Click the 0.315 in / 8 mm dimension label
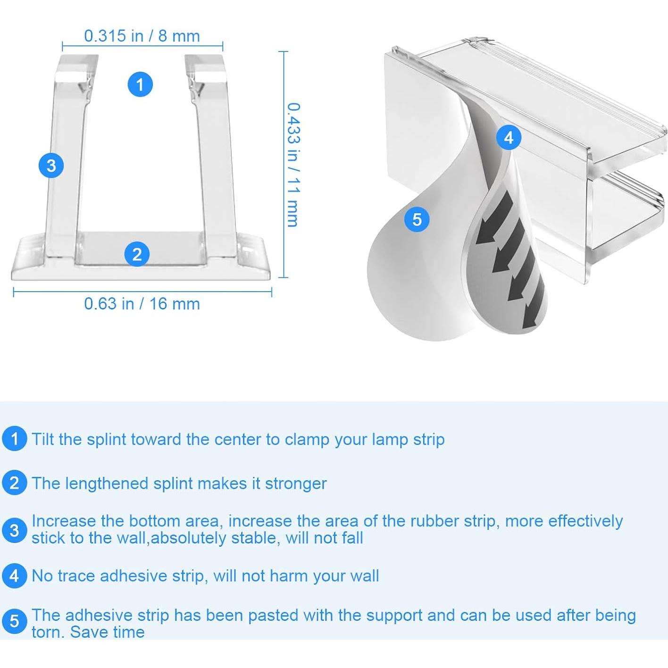(142, 36)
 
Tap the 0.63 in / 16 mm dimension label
(142, 304)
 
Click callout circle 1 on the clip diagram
(140, 84)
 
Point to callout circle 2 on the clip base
(137, 254)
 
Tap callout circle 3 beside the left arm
(51, 166)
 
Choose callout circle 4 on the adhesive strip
(509, 137)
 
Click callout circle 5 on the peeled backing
(417, 219)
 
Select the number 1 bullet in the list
(14, 439)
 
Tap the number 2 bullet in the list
(14, 483)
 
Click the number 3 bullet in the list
(14, 530)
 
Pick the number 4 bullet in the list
(14, 576)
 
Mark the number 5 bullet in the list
(14, 621)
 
